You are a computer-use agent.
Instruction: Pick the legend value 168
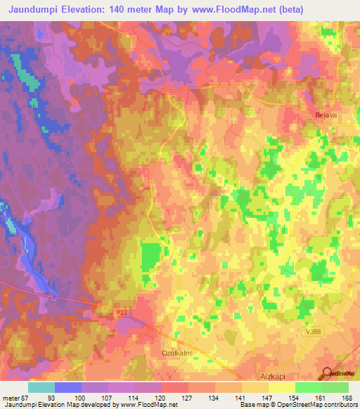click(x=347, y=397)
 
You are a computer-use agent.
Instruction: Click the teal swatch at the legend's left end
click(x=41, y=387)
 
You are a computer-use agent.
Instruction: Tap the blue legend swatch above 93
click(x=68, y=387)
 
